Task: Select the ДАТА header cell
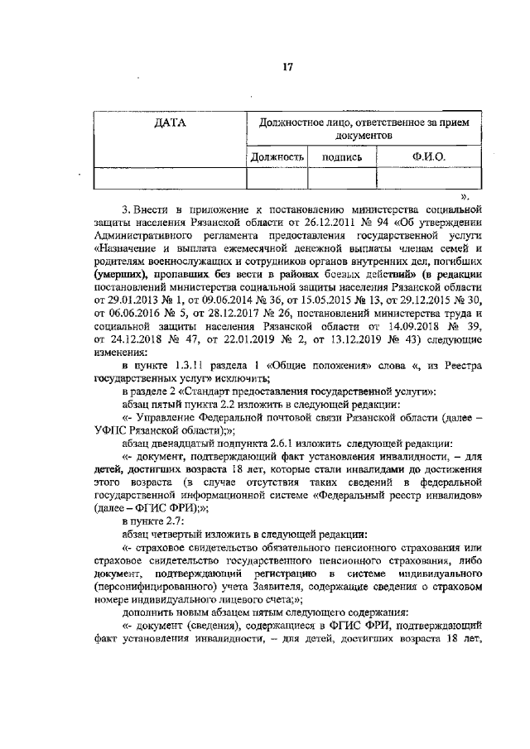click(171, 123)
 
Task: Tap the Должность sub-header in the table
click(278, 156)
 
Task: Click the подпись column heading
click(342, 156)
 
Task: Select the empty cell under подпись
click(342, 178)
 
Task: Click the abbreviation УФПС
click(111, 430)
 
